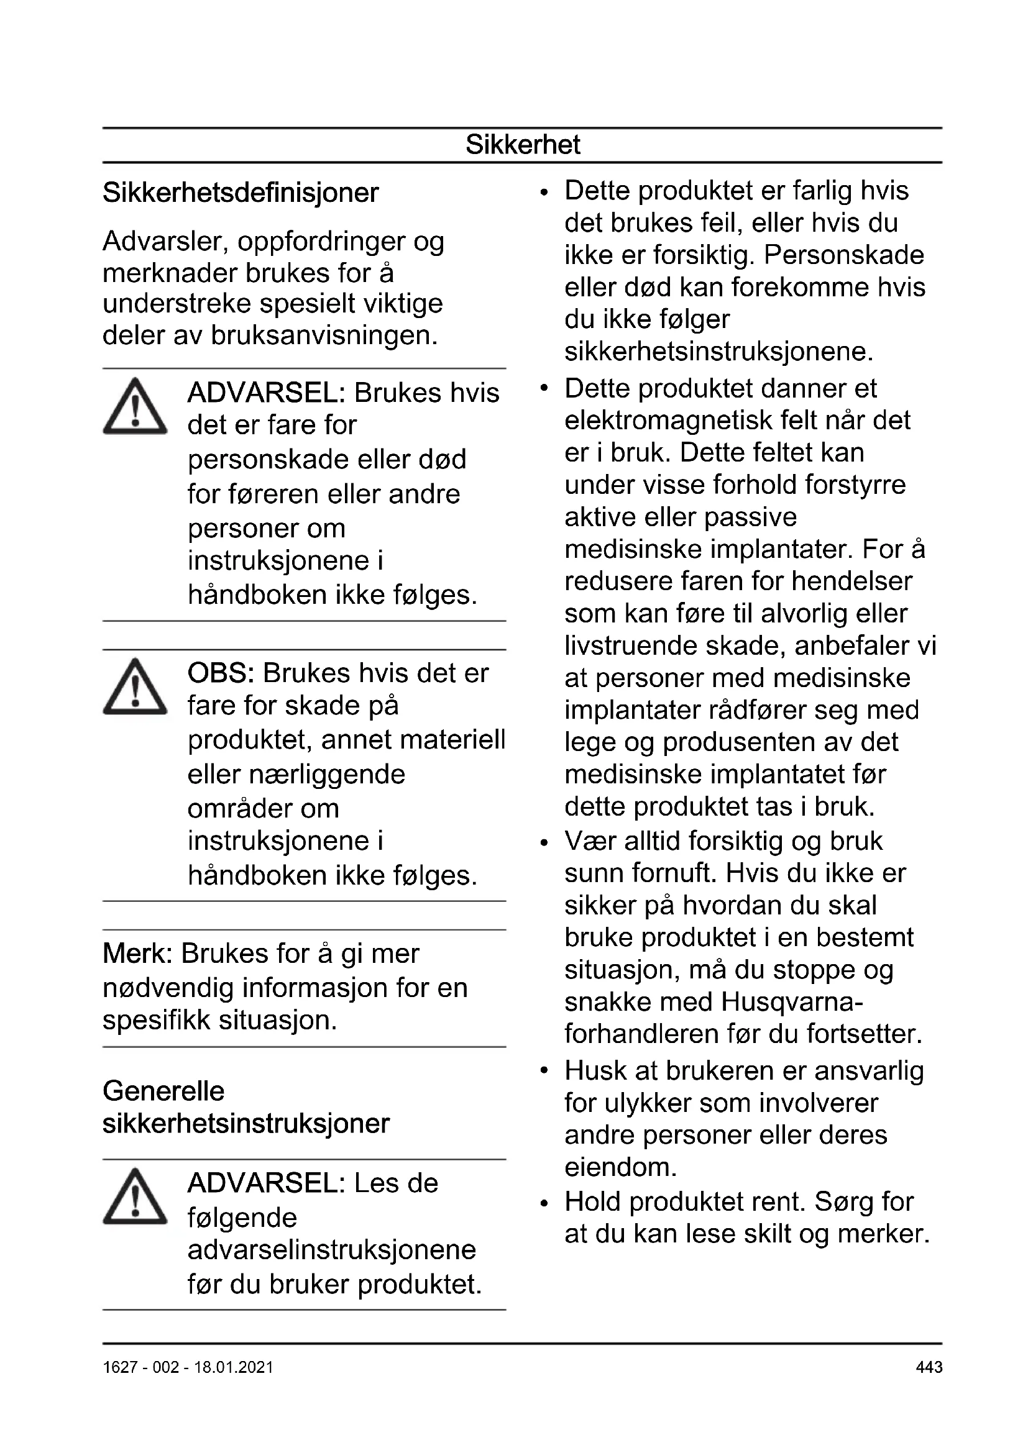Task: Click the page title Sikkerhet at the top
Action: (523, 145)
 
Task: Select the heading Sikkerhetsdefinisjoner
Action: (241, 193)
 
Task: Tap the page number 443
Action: (929, 1367)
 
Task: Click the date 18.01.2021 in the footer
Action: (233, 1367)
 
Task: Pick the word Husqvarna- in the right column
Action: (791, 1002)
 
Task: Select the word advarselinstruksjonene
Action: (332, 1250)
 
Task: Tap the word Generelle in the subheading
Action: (163, 1091)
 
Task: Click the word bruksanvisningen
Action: (324, 335)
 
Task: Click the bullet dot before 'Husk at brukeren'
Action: (544, 1072)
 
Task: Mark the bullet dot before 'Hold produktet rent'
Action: (544, 1203)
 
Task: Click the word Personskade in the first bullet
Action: (844, 255)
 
